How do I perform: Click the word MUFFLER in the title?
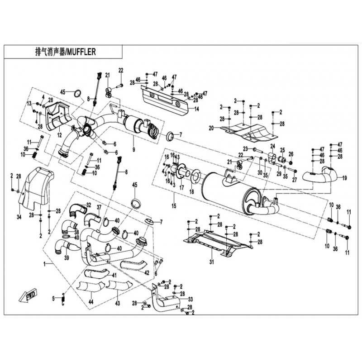point(81,52)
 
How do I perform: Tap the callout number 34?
point(19,218)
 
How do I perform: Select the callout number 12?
point(59,135)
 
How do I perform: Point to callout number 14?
point(196,109)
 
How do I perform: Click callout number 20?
point(211,128)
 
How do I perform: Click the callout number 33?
point(190,299)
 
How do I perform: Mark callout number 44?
point(90,301)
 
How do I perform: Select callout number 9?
point(133,149)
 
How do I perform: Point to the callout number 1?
point(44,263)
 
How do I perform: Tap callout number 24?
point(273,146)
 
